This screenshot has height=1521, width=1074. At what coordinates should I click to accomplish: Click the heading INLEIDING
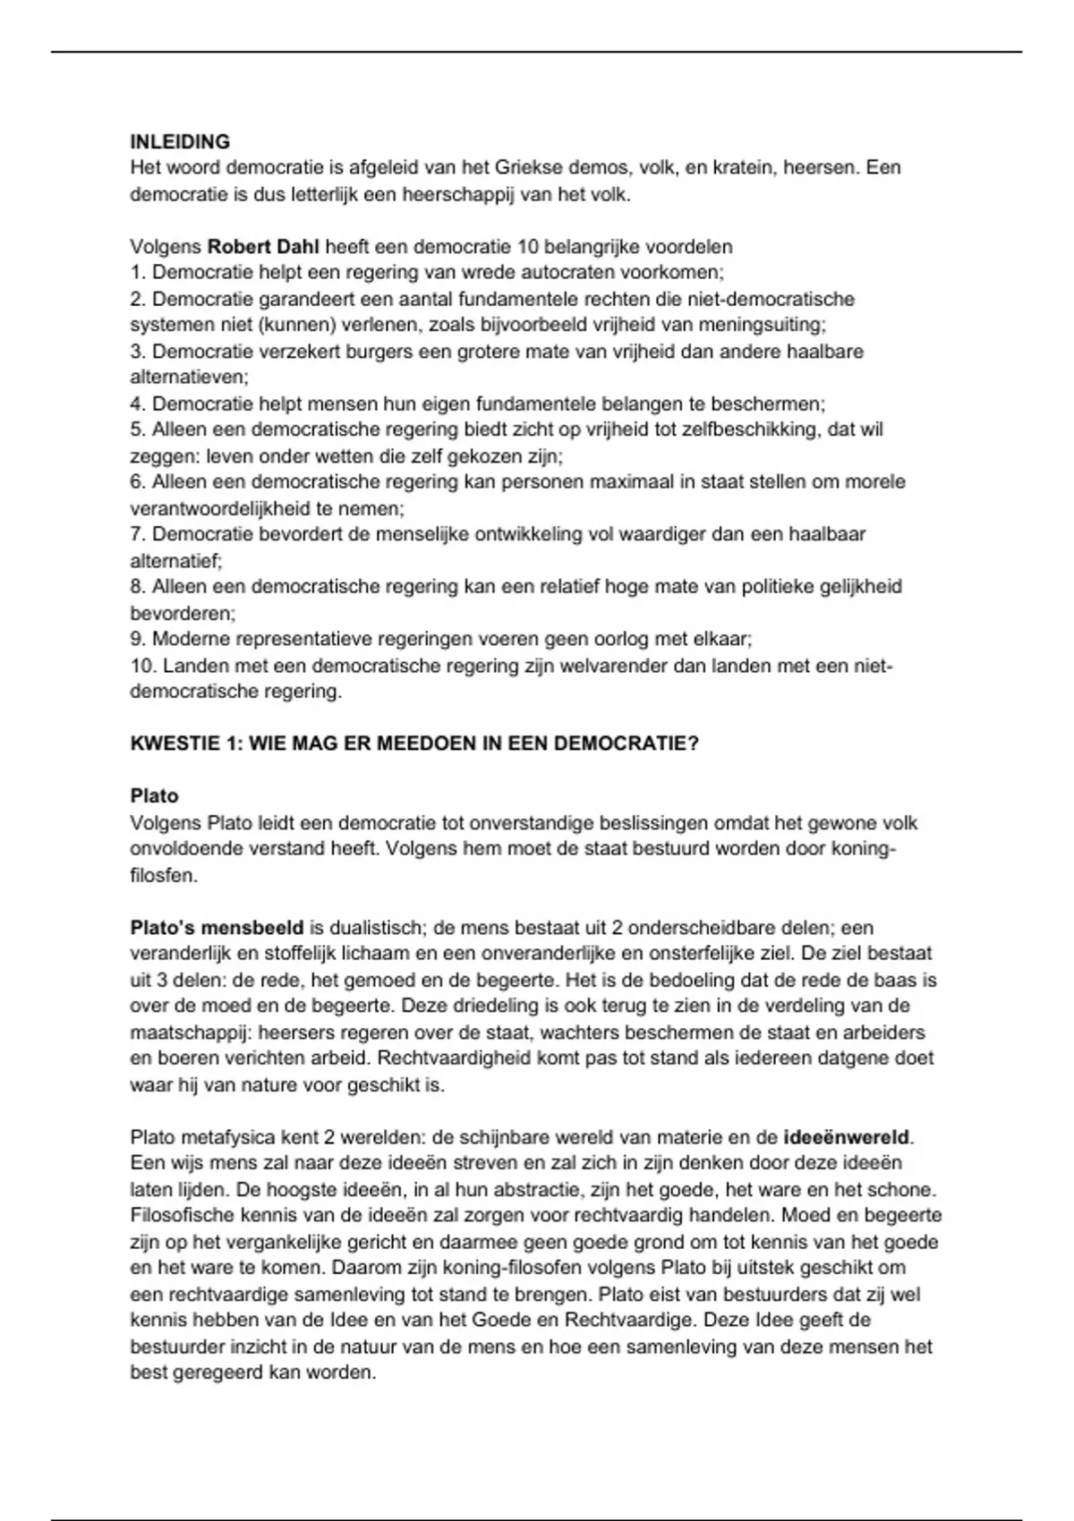pyautogui.click(x=180, y=141)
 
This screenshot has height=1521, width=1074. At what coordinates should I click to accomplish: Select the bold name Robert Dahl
pyautogui.click(x=263, y=246)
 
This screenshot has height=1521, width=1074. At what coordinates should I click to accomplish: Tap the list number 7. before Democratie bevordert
pyautogui.click(x=139, y=534)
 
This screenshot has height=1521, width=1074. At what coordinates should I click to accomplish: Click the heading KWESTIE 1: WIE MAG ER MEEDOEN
pyautogui.click(x=414, y=744)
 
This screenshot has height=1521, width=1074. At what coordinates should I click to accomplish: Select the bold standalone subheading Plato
pyautogui.click(x=154, y=796)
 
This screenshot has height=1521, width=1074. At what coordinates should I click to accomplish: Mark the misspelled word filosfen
pyautogui.click(x=163, y=875)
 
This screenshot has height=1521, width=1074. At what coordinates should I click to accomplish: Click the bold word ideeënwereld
pyautogui.click(x=847, y=1137)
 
